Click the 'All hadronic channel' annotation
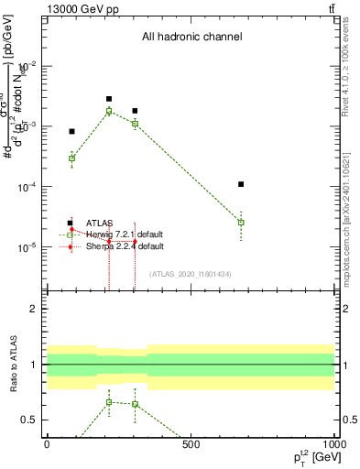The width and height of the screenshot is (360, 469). click(191, 38)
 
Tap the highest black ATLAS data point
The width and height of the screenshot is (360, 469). click(109, 99)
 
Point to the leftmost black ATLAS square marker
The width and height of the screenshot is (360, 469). click(71, 131)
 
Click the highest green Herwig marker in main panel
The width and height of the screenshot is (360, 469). click(109, 111)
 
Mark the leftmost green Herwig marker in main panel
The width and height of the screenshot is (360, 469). click(71, 158)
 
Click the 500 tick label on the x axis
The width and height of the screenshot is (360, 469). click(191, 444)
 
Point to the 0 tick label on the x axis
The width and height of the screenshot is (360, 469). click(47, 444)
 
